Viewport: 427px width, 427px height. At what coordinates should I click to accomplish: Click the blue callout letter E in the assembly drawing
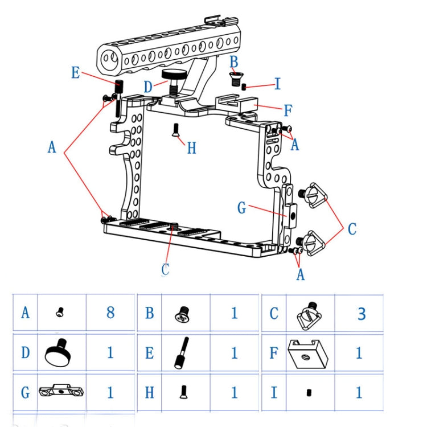tap(75, 73)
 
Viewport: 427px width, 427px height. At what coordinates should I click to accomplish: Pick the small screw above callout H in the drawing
tap(175, 129)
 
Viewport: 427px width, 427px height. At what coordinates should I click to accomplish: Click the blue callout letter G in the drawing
tap(242, 208)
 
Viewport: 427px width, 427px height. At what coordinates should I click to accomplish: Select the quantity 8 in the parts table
tap(110, 312)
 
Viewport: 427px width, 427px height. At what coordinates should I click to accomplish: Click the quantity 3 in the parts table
tap(361, 313)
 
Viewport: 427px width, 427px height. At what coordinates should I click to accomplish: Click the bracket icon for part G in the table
tap(61, 392)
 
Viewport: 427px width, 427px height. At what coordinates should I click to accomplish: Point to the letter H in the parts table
tap(149, 392)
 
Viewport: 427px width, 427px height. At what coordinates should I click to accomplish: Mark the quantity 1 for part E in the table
tap(234, 353)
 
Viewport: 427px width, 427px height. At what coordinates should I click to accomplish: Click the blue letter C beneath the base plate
tap(165, 269)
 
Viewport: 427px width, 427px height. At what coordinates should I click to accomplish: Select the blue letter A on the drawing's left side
tap(52, 147)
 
